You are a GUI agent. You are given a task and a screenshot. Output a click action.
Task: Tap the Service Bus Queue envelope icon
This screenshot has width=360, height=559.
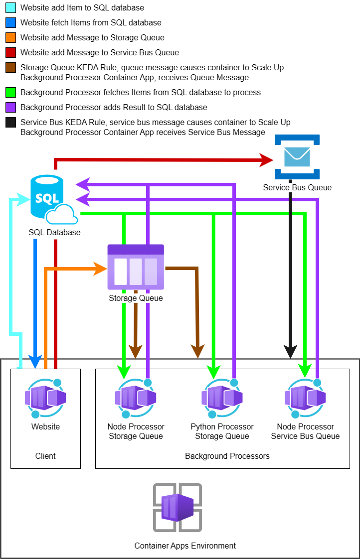[297, 156]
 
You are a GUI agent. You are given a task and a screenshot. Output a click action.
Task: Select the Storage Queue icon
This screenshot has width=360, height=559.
[136, 267]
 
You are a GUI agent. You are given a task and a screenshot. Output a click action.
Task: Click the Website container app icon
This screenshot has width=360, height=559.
[45, 398]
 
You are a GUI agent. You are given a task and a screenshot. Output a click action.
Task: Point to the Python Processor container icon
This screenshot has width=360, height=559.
[222, 398]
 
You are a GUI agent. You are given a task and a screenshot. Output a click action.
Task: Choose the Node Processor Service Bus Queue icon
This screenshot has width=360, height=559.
[305, 398]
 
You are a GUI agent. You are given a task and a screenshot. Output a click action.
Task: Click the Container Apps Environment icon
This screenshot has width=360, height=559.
[177, 508]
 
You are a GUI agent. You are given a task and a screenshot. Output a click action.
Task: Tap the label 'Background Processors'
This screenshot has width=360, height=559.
[227, 456]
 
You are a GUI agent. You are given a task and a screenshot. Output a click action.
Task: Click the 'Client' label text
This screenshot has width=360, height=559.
[45, 456]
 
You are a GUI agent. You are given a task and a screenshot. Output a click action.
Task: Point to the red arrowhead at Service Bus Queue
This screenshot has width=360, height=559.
[267, 160]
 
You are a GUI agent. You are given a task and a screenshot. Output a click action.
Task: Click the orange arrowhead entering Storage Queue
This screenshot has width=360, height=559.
[102, 270]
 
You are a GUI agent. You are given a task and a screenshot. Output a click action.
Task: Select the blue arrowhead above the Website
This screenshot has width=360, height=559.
[35, 362]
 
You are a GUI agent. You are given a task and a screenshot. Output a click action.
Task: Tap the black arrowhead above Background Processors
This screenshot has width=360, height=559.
[290, 352]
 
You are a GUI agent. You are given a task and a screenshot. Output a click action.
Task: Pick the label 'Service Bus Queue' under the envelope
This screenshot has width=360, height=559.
[297, 188]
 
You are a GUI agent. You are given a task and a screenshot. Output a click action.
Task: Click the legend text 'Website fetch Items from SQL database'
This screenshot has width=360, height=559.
[91, 23]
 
